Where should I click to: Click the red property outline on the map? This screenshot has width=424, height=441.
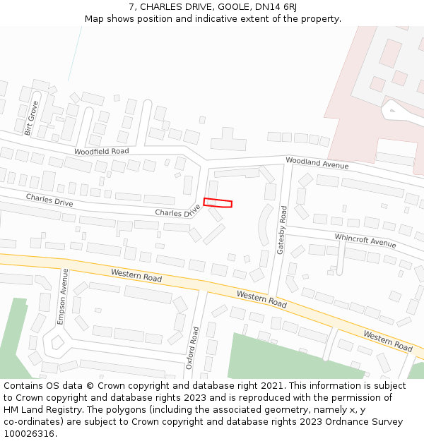coord(218,203)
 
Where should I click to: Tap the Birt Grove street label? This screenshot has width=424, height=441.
coord(31,117)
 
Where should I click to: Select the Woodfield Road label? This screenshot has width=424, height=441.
coord(102,152)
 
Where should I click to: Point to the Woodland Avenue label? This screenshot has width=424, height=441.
coord(317,163)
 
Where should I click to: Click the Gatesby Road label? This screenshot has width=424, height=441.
coord(282,230)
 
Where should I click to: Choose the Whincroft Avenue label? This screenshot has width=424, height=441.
coord(365,241)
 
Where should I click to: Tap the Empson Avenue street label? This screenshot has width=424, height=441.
coord(63,296)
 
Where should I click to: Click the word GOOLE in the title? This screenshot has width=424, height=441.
coord(232,6)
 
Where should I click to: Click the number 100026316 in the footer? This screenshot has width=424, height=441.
coord(30,434)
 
